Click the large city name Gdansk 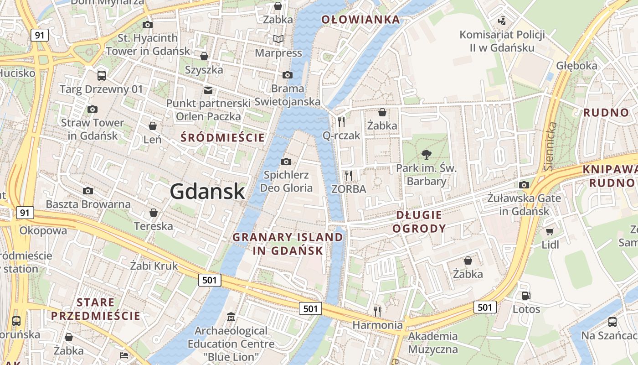point(207,192)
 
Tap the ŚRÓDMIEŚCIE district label point(222,137)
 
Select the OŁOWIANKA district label point(360,19)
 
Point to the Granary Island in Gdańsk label point(288,244)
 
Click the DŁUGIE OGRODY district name point(419,222)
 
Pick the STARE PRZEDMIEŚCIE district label point(96,309)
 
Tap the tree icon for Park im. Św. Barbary point(426,154)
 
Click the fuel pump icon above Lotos point(526,296)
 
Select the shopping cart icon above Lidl point(550,231)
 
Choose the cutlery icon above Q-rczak point(341,121)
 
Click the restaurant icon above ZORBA point(349,175)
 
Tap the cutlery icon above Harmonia point(377,311)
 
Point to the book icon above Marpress point(278,39)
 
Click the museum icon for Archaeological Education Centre point(231,317)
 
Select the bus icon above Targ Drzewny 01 point(101,76)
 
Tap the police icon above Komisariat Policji point(502,21)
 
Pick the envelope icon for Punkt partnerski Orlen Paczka point(208,90)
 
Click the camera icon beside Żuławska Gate point(524,185)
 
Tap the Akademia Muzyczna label point(433,343)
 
